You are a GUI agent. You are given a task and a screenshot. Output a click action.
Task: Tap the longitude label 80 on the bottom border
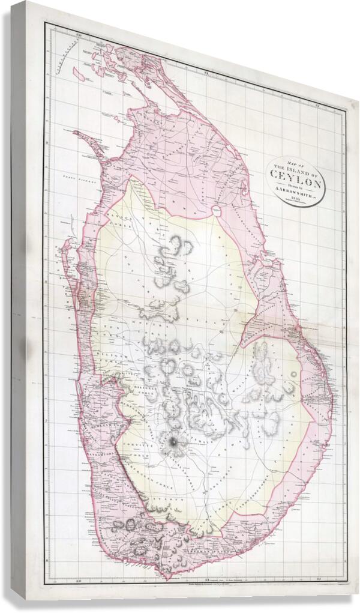click(x=79, y=580)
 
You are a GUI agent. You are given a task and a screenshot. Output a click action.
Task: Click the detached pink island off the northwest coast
click(x=78, y=73)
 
